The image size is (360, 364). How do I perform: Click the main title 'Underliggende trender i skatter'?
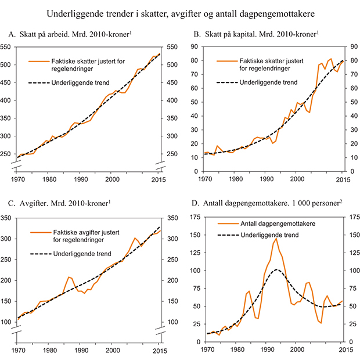coord(180,13)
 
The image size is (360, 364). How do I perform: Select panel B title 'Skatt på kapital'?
coord(255,35)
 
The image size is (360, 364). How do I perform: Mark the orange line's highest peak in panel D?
coord(276,238)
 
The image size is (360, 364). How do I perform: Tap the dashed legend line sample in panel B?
coord(226,83)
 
